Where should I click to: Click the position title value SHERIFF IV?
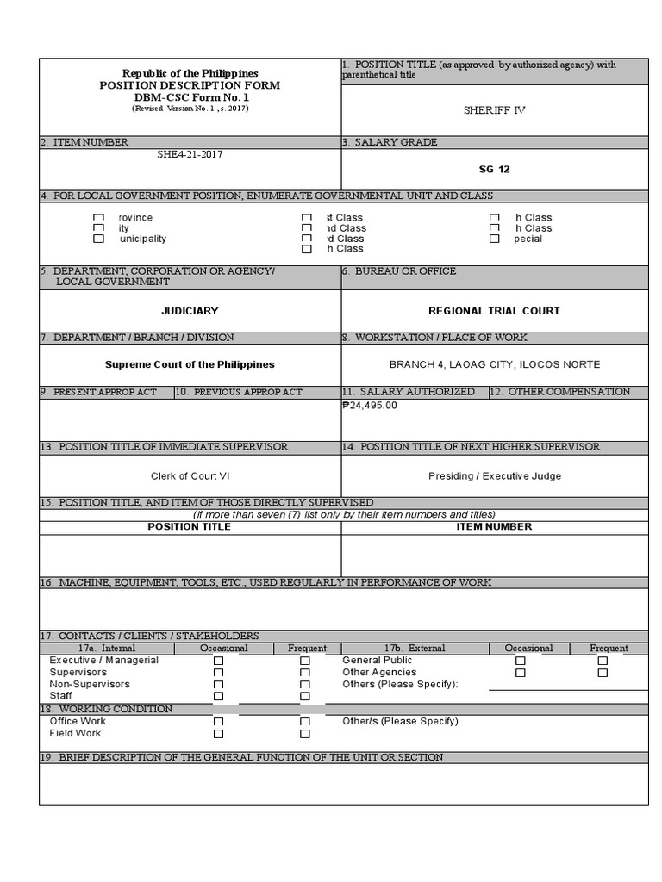click(494, 110)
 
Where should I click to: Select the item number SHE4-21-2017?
click(183, 155)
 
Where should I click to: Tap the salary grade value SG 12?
click(494, 170)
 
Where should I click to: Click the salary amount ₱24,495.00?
click(370, 405)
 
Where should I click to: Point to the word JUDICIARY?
click(190, 311)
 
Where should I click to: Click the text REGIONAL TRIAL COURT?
click(494, 311)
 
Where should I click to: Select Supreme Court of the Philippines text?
click(190, 364)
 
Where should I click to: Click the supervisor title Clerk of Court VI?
click(190, 476)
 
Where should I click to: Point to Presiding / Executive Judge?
click(494, 476)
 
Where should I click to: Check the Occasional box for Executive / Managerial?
click(218, 661)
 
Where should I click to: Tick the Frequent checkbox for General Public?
click(603, 661)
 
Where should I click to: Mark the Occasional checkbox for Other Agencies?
click(520, 673)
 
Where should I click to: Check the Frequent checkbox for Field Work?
click(304, 734)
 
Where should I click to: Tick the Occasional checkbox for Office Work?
click(218, 722)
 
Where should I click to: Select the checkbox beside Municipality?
click(98, 239)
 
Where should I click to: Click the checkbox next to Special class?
click(494, 239)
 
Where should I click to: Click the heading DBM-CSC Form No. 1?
click(190, 97)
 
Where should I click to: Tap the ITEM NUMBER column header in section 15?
click(494, 526)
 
